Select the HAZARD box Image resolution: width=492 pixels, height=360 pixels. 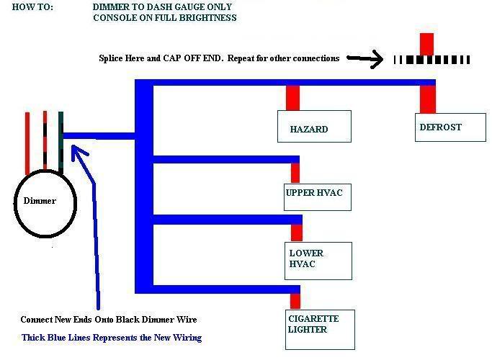pos(314,126)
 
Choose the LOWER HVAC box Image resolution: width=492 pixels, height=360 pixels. pos(318,260)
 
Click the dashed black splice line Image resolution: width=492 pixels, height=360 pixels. pos(432,60)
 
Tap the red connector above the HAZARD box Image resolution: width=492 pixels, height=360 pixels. pos(292,97)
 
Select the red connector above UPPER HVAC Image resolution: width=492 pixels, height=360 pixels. pos(295,173)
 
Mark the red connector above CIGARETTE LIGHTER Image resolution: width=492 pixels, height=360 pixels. pos(295,300)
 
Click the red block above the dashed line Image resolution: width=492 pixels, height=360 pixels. pos(427,43)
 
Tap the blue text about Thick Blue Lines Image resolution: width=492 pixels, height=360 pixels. pos(112,338)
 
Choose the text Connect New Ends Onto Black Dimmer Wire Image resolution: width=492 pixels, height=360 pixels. pos(108,320)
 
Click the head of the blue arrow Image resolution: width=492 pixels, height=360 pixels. pos(76,150)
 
